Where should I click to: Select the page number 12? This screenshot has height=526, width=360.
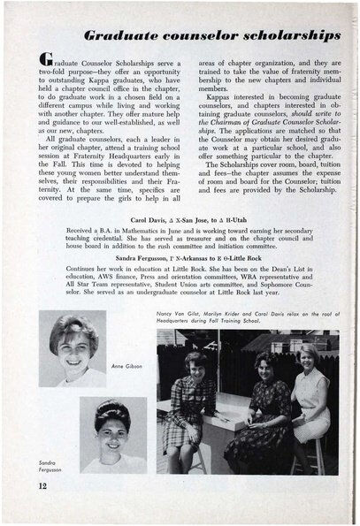point(42,487)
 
